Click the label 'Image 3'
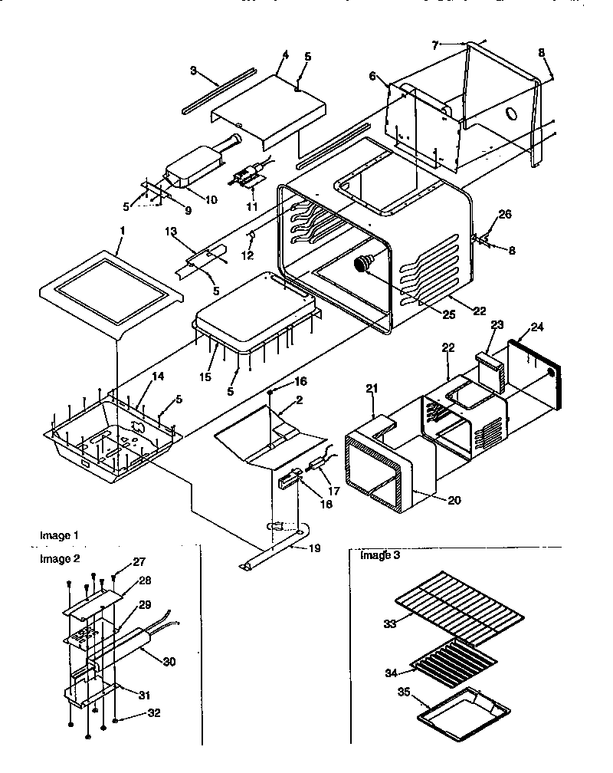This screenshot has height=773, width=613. click(380, 555)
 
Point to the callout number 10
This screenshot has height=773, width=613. click(211, 199)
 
